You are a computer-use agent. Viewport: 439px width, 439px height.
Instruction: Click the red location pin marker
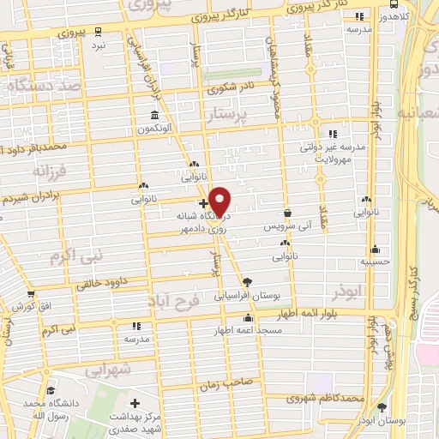pos(220,201)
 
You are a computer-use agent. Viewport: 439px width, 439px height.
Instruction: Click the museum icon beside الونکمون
pos(154,115)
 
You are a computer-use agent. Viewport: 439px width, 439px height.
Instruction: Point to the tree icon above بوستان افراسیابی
pos(248,281)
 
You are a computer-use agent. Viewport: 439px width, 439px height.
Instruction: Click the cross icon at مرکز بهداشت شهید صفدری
pos(134,401)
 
